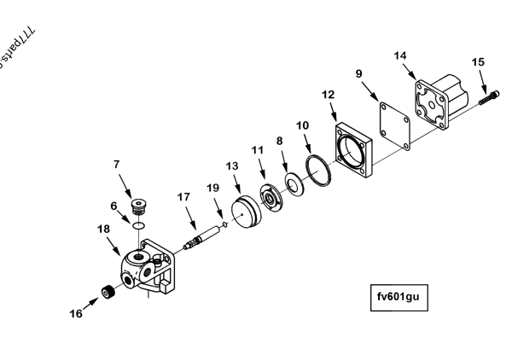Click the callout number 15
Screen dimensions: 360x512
[x=478, y=62]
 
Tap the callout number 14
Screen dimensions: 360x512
[x=401, y=55]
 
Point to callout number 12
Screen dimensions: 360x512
[x=329, y=94]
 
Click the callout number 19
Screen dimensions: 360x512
[x=213, y=187]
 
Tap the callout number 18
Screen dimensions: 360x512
[x=103, y=229]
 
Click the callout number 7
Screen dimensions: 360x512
[x=117, y=164]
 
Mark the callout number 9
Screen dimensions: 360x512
[x=359, y=74]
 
